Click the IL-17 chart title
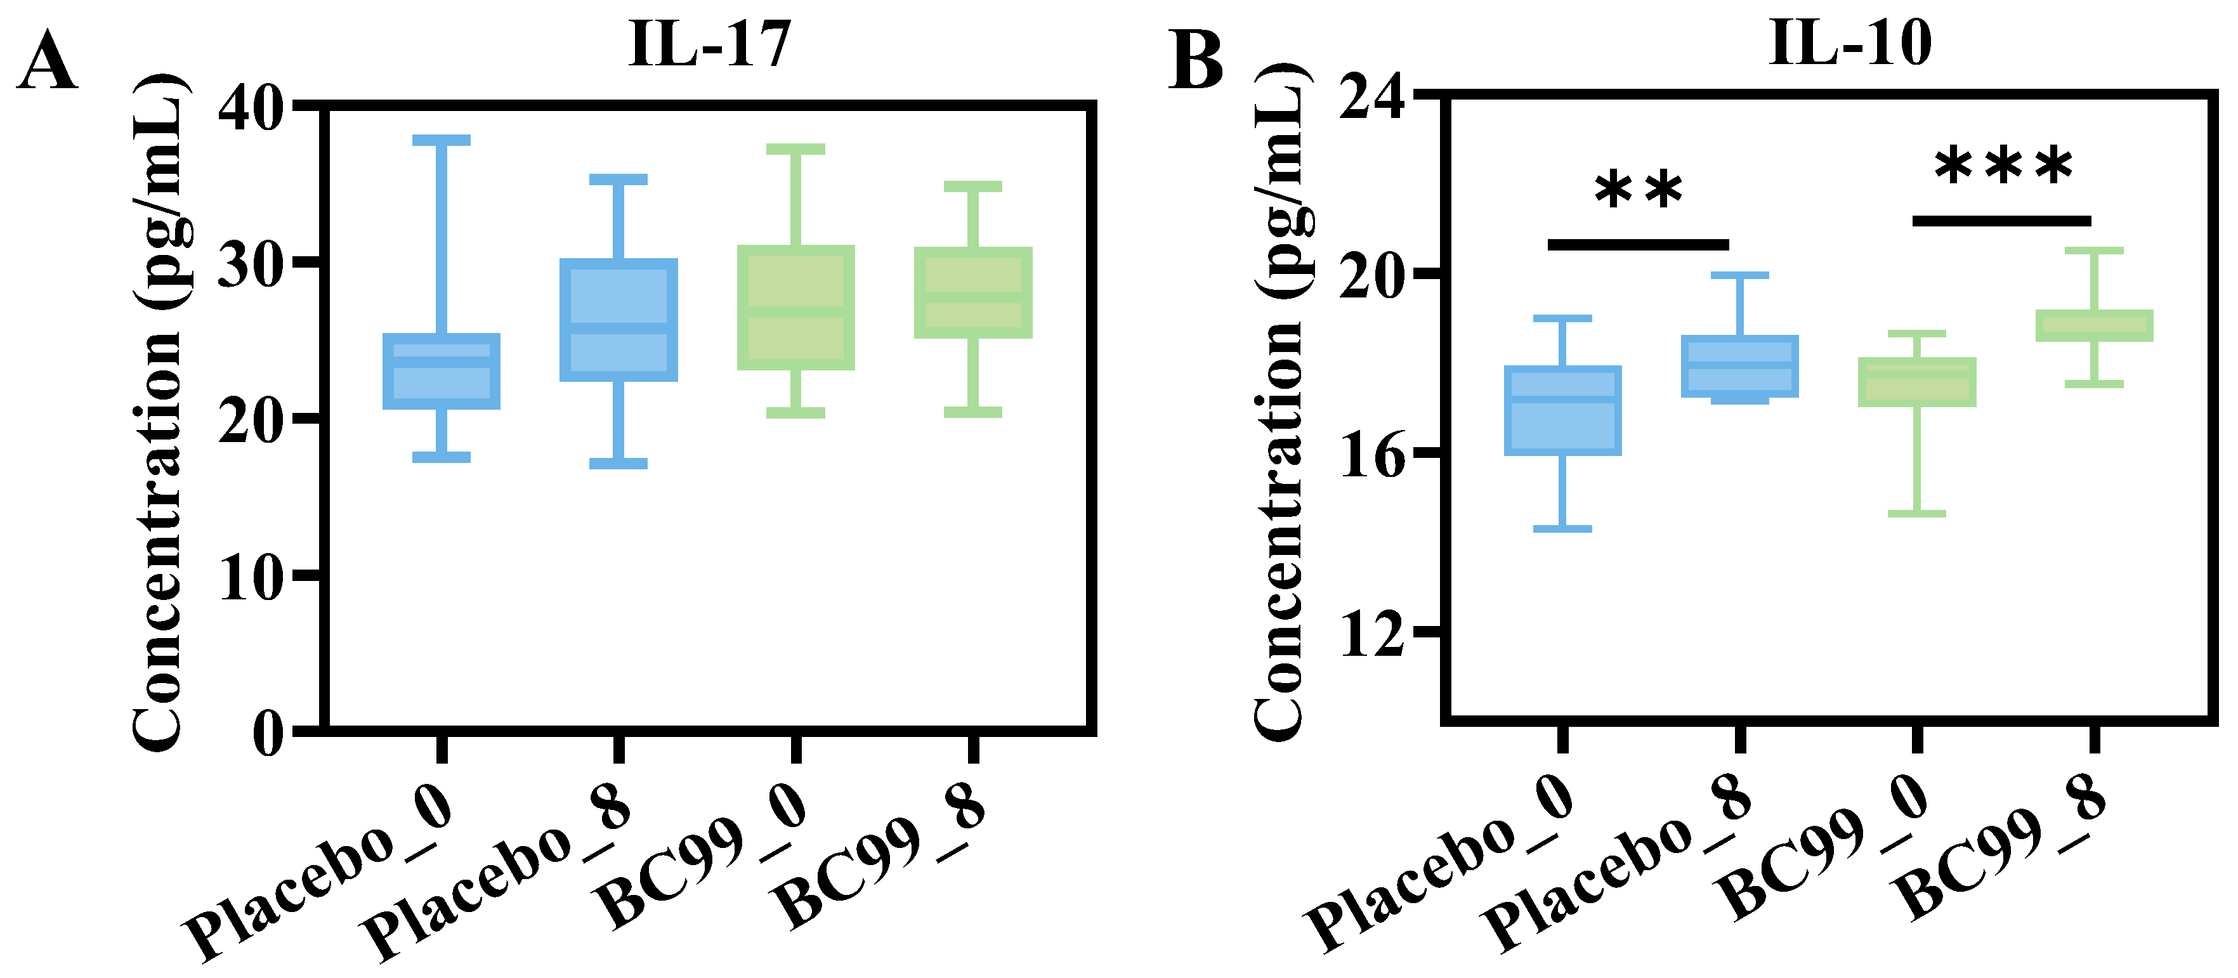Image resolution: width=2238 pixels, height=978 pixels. coord(709,43)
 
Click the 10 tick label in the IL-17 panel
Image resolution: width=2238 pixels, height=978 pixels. coord(251,578)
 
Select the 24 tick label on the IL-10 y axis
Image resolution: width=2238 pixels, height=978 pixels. coord(1372,97)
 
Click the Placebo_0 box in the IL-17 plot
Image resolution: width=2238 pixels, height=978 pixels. coord(442,371)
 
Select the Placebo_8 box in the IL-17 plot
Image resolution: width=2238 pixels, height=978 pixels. coord(618,320)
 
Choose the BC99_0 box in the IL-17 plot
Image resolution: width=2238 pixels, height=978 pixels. coord(796,308)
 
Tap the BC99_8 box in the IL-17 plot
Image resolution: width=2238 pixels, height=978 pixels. coord(973,293)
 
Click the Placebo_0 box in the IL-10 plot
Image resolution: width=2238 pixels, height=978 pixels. coord(1563,410)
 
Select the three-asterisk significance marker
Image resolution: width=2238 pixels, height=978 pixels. coord(2003,167)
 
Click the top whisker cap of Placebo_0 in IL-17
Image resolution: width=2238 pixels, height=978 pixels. coord(442,140)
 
